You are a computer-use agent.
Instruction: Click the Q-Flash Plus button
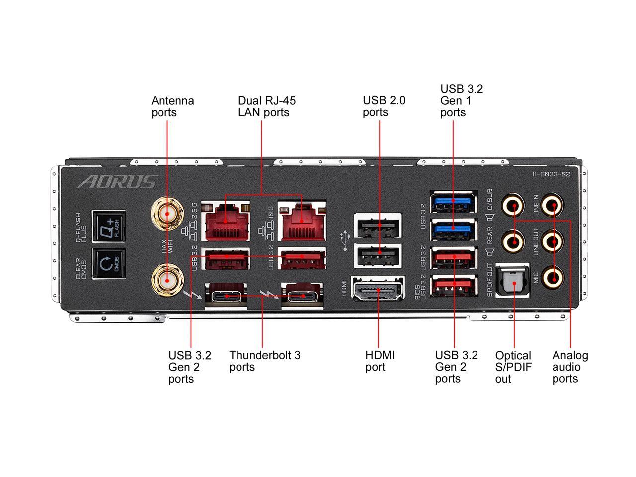108,228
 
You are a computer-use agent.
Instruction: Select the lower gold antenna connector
166,279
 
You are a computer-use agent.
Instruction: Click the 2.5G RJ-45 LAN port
224,219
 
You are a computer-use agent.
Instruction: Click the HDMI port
378,288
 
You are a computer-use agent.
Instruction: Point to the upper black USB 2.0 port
379,226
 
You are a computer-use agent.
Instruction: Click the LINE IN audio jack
552,204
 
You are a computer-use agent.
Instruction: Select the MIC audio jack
552,276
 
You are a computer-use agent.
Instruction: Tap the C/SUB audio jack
513,204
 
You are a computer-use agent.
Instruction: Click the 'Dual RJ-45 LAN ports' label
266,106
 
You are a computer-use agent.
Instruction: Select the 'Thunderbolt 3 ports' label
264,361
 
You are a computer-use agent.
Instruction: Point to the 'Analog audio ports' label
570,367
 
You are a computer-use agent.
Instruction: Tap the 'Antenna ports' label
172,106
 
